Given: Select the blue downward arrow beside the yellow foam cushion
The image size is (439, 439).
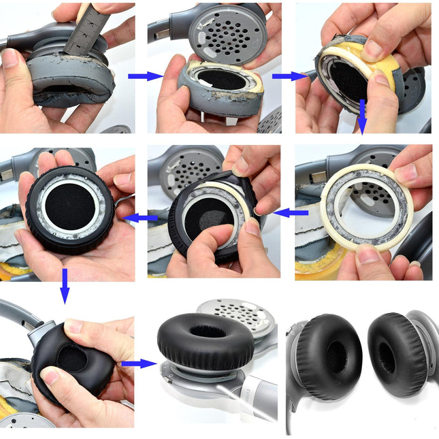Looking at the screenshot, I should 363,116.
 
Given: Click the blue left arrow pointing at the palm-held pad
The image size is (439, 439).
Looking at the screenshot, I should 142,218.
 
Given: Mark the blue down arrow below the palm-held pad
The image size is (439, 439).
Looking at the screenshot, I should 65,285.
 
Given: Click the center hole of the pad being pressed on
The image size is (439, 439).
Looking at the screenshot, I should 70,356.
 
